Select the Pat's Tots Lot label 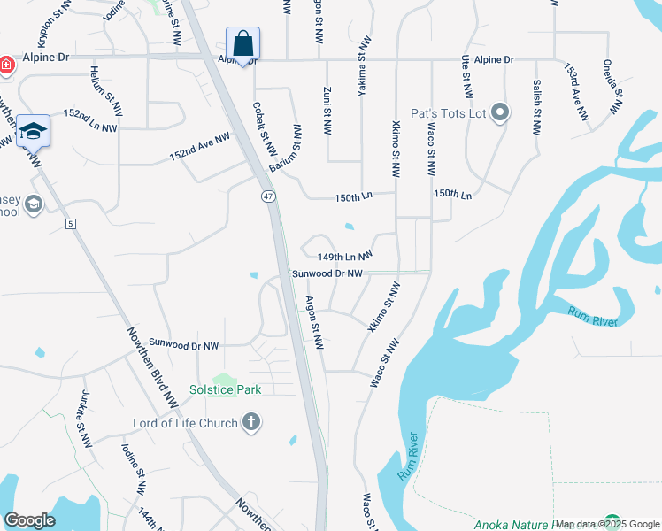[449, 113]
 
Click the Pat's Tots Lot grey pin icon [500, 112]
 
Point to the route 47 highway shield [266, 195]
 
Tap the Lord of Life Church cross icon [251, 422]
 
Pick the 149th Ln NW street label [344, 256]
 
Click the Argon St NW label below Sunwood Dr [312, 322]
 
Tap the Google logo [29, 520]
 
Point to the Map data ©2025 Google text [607, 524]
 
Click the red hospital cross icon [4, 65]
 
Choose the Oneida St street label [612, 88]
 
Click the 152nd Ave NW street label [200, 147]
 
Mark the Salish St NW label [536, 106]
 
